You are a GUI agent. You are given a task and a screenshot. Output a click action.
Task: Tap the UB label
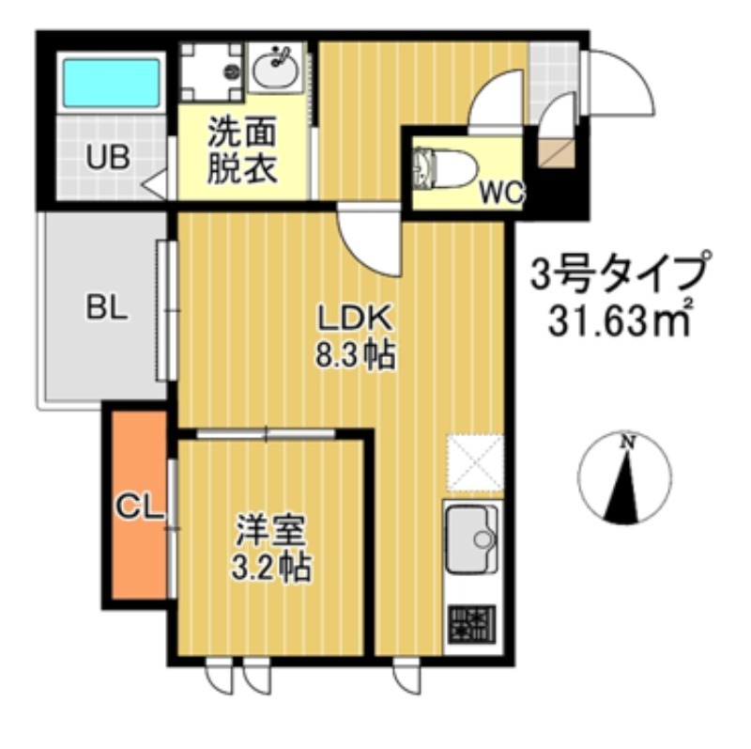point(109,158)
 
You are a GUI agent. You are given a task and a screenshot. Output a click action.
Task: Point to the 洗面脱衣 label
point(241,150)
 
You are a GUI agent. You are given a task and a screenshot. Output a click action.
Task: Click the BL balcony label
point(106,307)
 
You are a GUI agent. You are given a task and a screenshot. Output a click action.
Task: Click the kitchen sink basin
point(472,540)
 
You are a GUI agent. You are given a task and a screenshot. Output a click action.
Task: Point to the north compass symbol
point(624,478)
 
